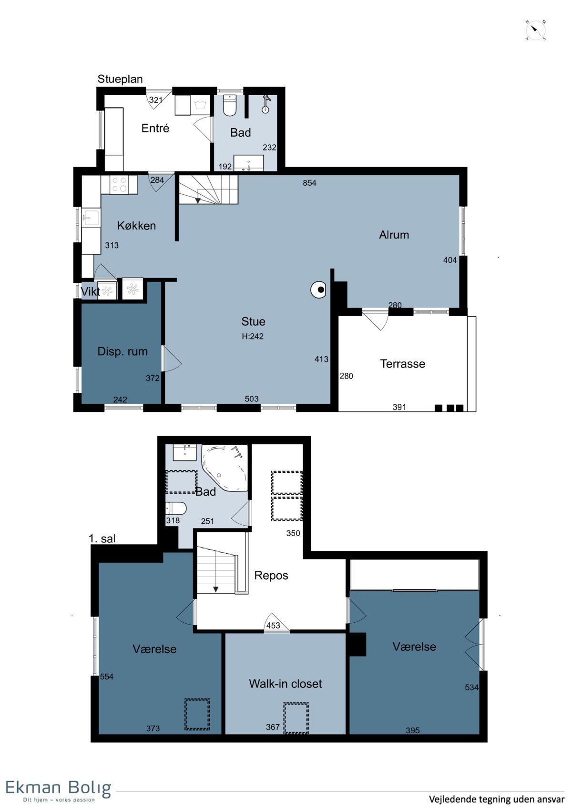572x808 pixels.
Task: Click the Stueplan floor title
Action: click(120, 79)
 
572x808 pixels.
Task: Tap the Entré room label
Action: click(155, 128)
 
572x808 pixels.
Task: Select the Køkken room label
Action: click(136, 226)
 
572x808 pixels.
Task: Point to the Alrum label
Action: click(394, 235)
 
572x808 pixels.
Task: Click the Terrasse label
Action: click(402, 364)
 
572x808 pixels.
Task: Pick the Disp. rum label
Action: click(123, 351)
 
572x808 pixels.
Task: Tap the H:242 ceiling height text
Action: click(253, 336)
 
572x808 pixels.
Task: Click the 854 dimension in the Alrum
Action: click(309, 183)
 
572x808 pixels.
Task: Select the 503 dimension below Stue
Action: click(252, 399)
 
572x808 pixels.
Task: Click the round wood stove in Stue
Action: click(318, 289)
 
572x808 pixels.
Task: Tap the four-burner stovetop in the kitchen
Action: click(119, 184)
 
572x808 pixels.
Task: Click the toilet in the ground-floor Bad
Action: click(230, 105)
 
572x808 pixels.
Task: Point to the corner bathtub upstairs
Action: click(225, 468)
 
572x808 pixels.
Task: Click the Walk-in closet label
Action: click(285, 684)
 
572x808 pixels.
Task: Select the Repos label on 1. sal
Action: click(271, 575)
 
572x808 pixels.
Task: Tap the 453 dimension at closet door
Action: click(273, 625)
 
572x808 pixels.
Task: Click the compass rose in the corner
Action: click(535, 30)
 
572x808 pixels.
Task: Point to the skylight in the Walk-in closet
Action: click(296, 718)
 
